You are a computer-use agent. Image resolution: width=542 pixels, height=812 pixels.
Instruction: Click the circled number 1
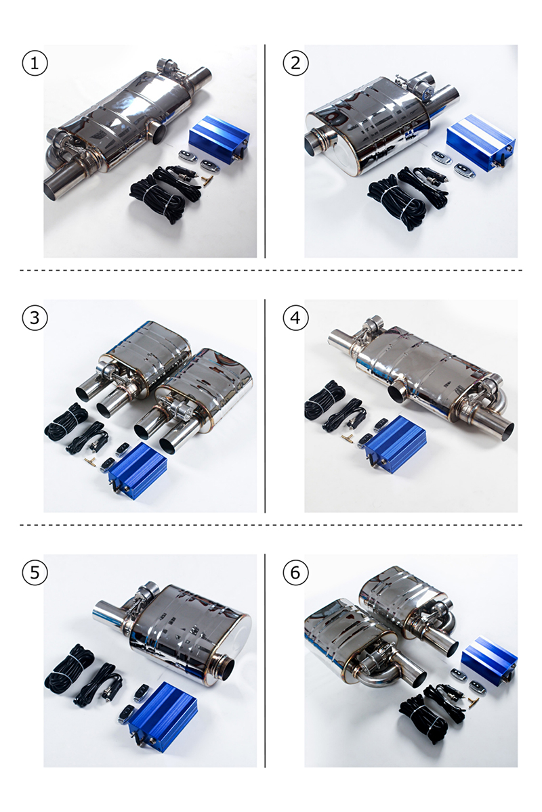tap(35, 64)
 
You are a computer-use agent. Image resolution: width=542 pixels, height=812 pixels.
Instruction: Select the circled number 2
tap(295, 64)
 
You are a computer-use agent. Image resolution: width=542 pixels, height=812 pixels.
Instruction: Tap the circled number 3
tap(35, 318)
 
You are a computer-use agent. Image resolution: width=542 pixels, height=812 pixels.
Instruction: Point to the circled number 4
tap(295, 318)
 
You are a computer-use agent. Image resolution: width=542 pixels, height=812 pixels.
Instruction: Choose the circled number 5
tap(35, 572)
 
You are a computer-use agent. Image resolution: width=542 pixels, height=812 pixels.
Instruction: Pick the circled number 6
tap(295, 572)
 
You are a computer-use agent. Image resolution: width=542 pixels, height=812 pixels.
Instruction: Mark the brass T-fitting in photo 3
tap(89, 460)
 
